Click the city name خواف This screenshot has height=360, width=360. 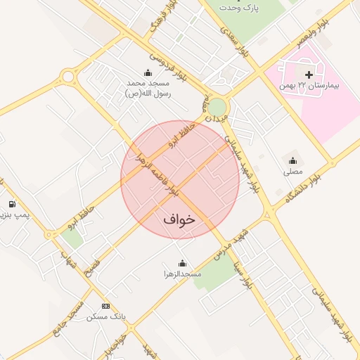point(179,219)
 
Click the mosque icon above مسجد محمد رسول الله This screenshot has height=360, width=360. point(148,72)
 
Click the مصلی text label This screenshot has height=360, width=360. point(292,171)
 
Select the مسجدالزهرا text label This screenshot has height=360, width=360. point(182,273)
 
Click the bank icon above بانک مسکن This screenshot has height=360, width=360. point(106,306)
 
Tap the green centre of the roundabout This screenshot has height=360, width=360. point(218,107)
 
